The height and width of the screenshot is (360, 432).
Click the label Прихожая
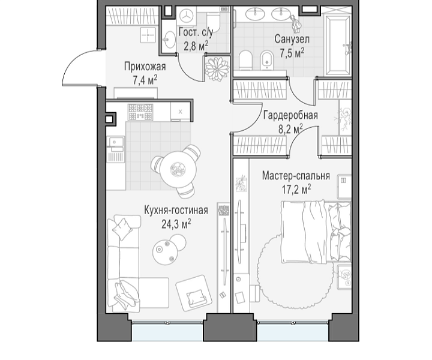click(145, 67)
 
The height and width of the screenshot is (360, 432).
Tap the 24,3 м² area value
click(176, 224)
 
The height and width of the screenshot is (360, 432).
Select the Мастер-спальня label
click(296, 175)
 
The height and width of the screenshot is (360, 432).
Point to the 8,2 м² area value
click(290, 128)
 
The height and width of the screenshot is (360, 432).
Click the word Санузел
click(292, 40)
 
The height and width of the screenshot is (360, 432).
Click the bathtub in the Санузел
click(338, 46)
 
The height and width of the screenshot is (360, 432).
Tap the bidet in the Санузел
click(266, 60)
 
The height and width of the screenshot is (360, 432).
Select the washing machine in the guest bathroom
click(187, 16)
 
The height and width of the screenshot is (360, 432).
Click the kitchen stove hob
click(140, 112)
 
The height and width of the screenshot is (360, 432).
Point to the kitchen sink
click(116, 142)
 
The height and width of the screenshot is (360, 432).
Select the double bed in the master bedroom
click(316, 232)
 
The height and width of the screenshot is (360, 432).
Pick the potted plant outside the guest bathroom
click(217, 68)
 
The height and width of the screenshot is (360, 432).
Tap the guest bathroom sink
click(169, 40)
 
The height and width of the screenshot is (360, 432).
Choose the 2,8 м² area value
click(196, 46)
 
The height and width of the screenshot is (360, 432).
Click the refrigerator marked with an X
click(180, 112)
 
